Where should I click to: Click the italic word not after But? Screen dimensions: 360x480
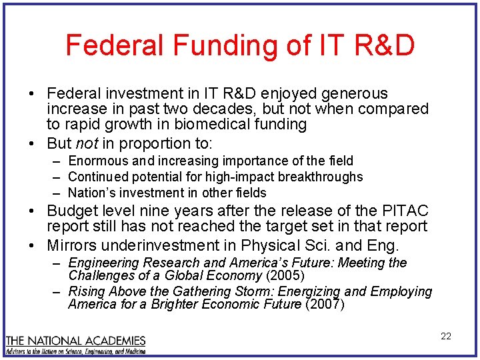(x=85, y=143)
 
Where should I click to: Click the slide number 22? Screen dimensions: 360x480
(x=446, y=336)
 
